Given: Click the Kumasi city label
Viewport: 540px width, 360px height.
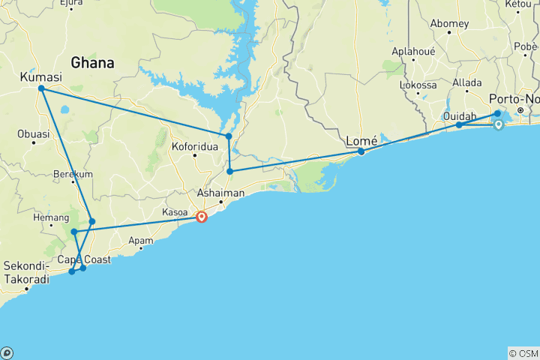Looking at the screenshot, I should click(40, 77).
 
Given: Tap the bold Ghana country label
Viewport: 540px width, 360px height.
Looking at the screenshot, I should click(92, 63).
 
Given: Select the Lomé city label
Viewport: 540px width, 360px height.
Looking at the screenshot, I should click(361, 141).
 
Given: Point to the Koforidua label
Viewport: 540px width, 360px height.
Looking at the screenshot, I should click(195, 147).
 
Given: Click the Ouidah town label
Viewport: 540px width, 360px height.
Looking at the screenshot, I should click(459, 115).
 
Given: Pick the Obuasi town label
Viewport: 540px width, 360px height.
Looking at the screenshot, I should click(33, 134).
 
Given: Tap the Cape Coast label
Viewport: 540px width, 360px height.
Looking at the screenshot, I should click(84, 259).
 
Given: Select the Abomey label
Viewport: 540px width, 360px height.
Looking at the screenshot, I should click(449, 23).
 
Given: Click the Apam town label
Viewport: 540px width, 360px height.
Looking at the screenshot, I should click(141, 241).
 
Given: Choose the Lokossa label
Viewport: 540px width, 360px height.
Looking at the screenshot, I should click(418, 85).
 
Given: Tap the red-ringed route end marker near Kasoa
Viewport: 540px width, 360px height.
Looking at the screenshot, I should click(202, 217).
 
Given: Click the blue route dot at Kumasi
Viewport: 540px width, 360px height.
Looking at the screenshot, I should click(41, 89).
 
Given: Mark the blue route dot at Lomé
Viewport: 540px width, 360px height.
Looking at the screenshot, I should click(361, 151).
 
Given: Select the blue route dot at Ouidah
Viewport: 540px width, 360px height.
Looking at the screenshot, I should click(459, 125).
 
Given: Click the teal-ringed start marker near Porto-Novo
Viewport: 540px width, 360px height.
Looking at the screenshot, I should click(497, 125).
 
